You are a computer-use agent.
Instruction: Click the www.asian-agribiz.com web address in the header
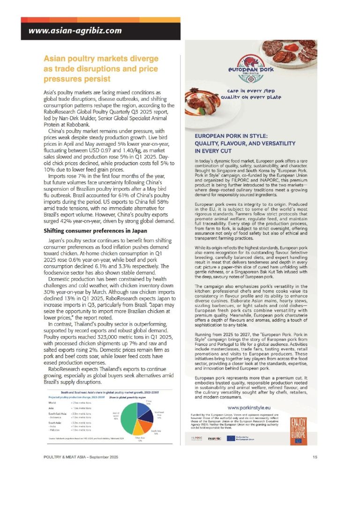click(x=75, y=31)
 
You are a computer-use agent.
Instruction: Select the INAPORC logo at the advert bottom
click(x=215, y=439)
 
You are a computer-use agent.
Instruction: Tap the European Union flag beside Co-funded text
click(x=231, y=438)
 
